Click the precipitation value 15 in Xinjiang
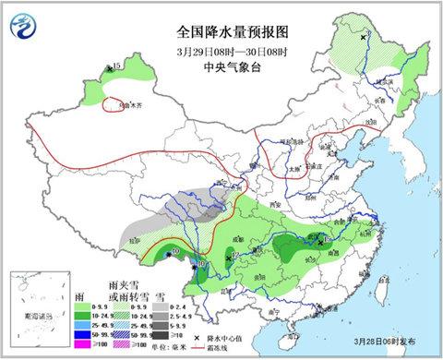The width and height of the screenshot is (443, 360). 116,66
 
